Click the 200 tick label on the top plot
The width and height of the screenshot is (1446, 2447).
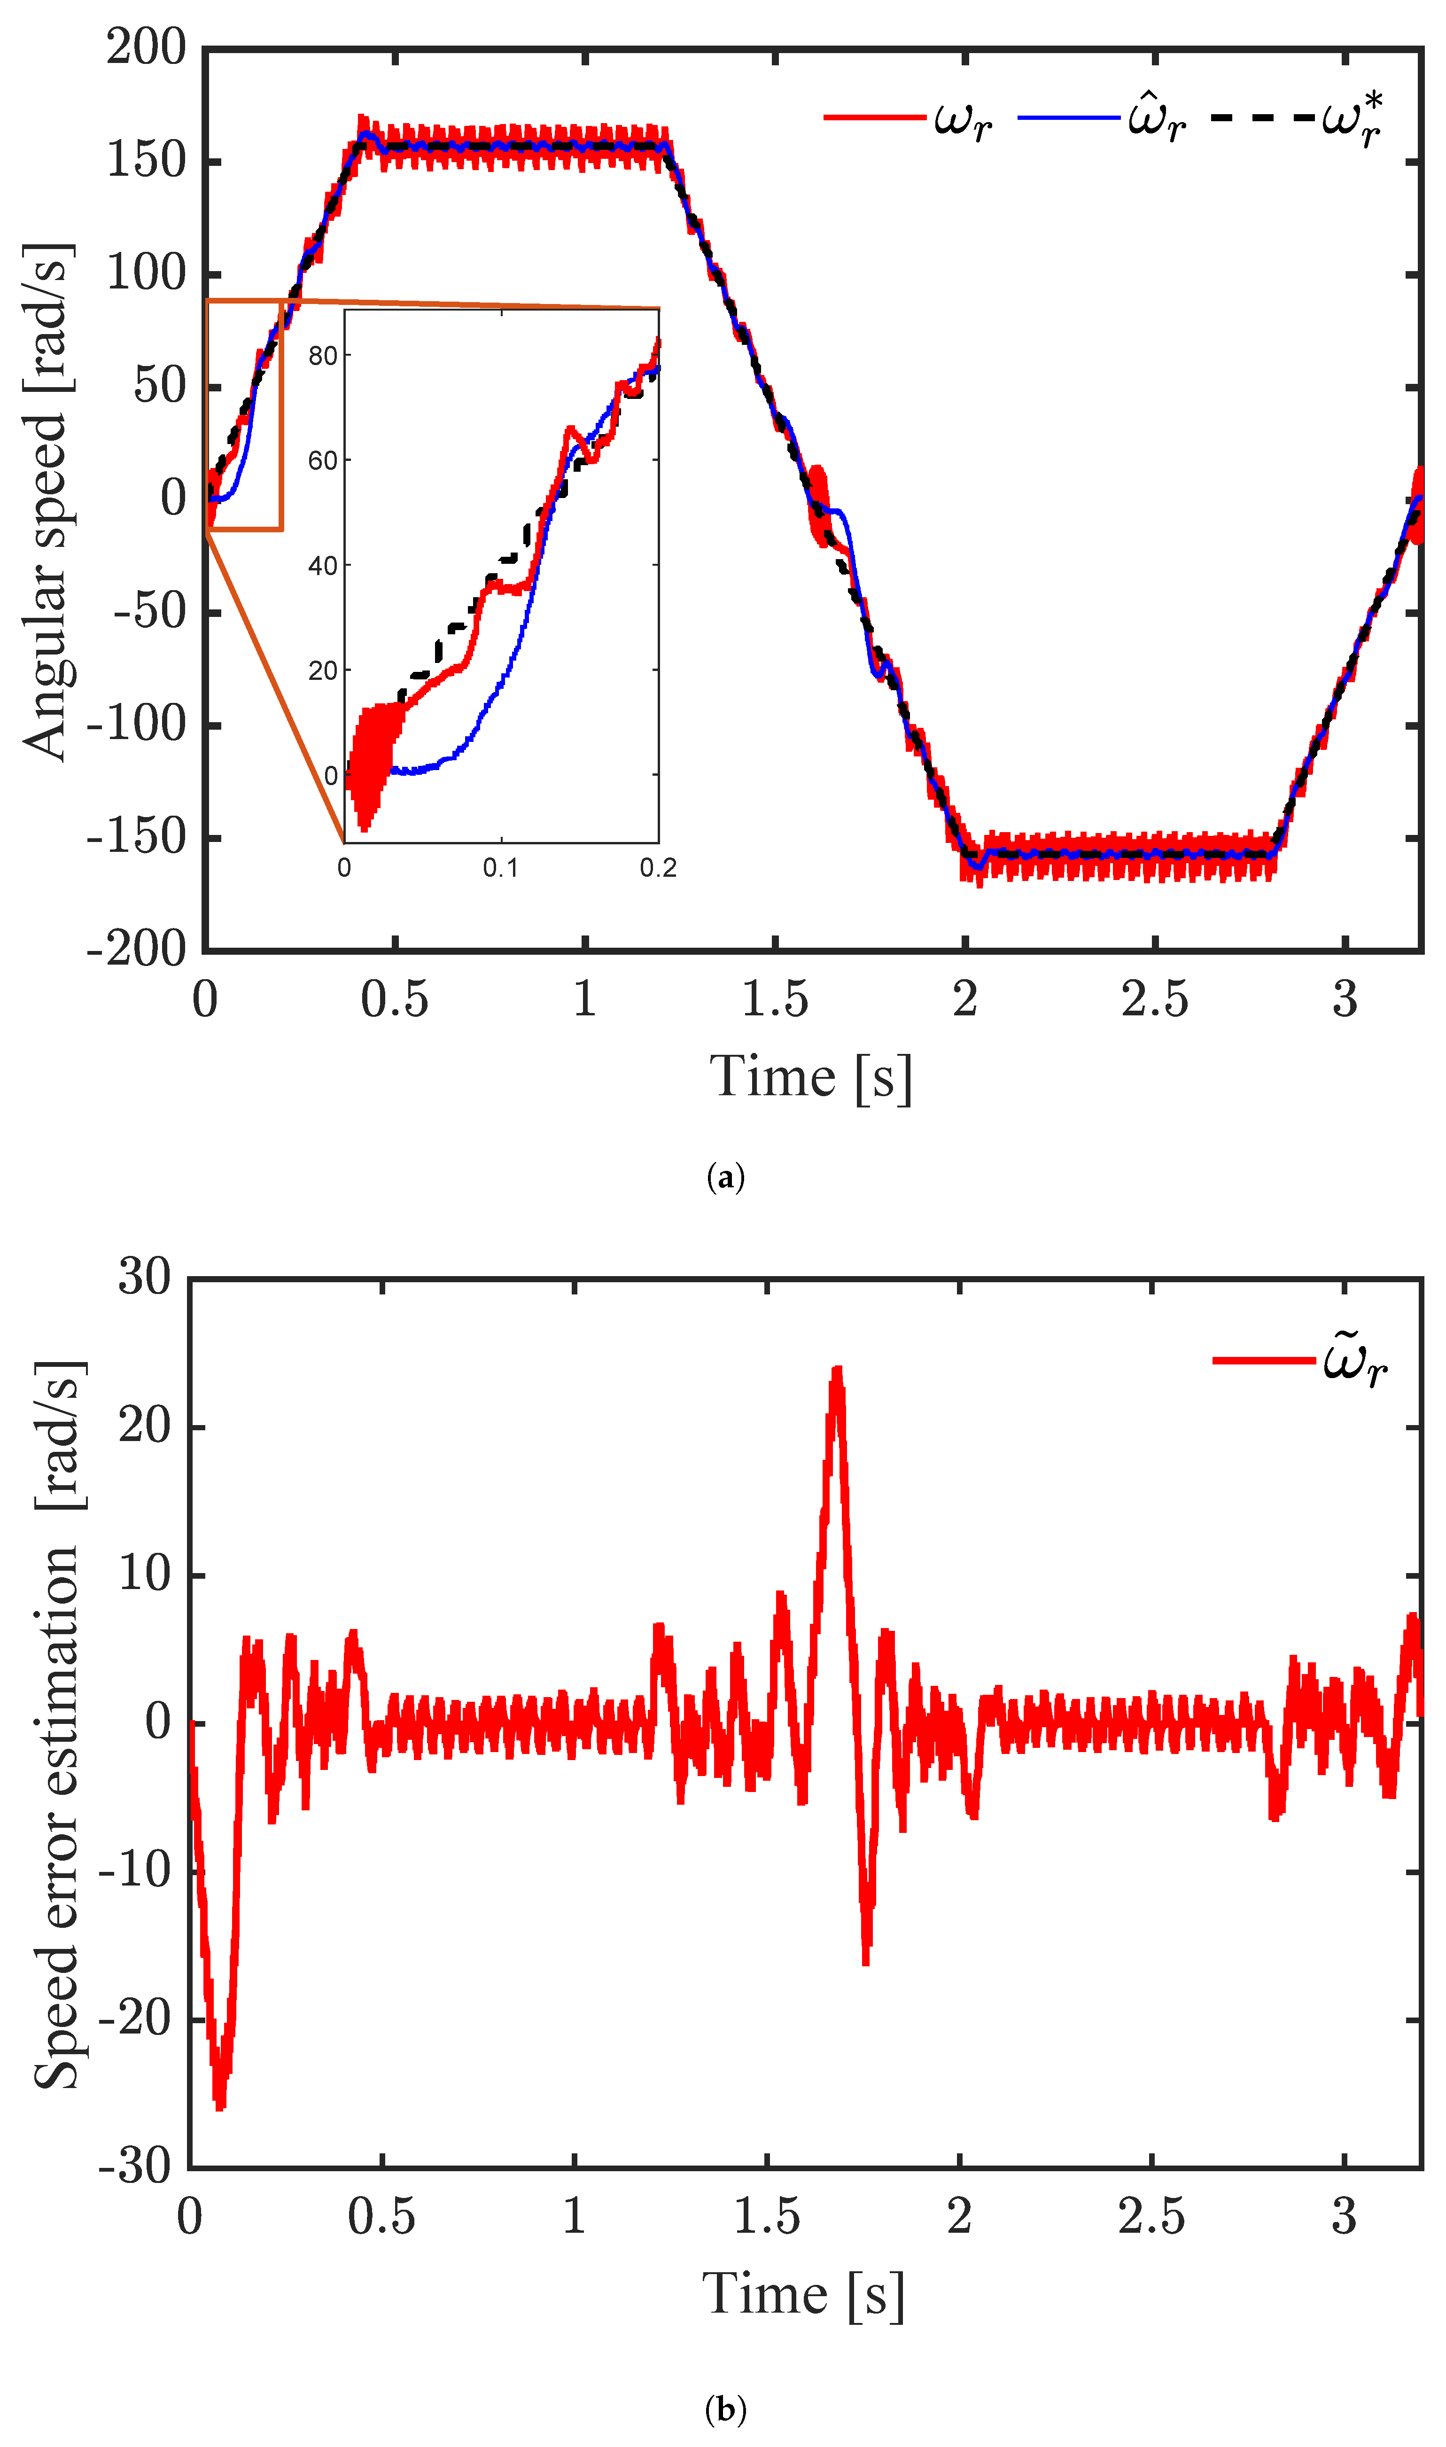(x=146, y=47)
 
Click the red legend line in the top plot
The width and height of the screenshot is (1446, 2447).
(x=874, y=118)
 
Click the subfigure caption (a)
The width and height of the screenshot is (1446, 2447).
(x=725, y=1177)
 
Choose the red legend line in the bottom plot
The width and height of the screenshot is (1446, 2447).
(x=1264, y=1359)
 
